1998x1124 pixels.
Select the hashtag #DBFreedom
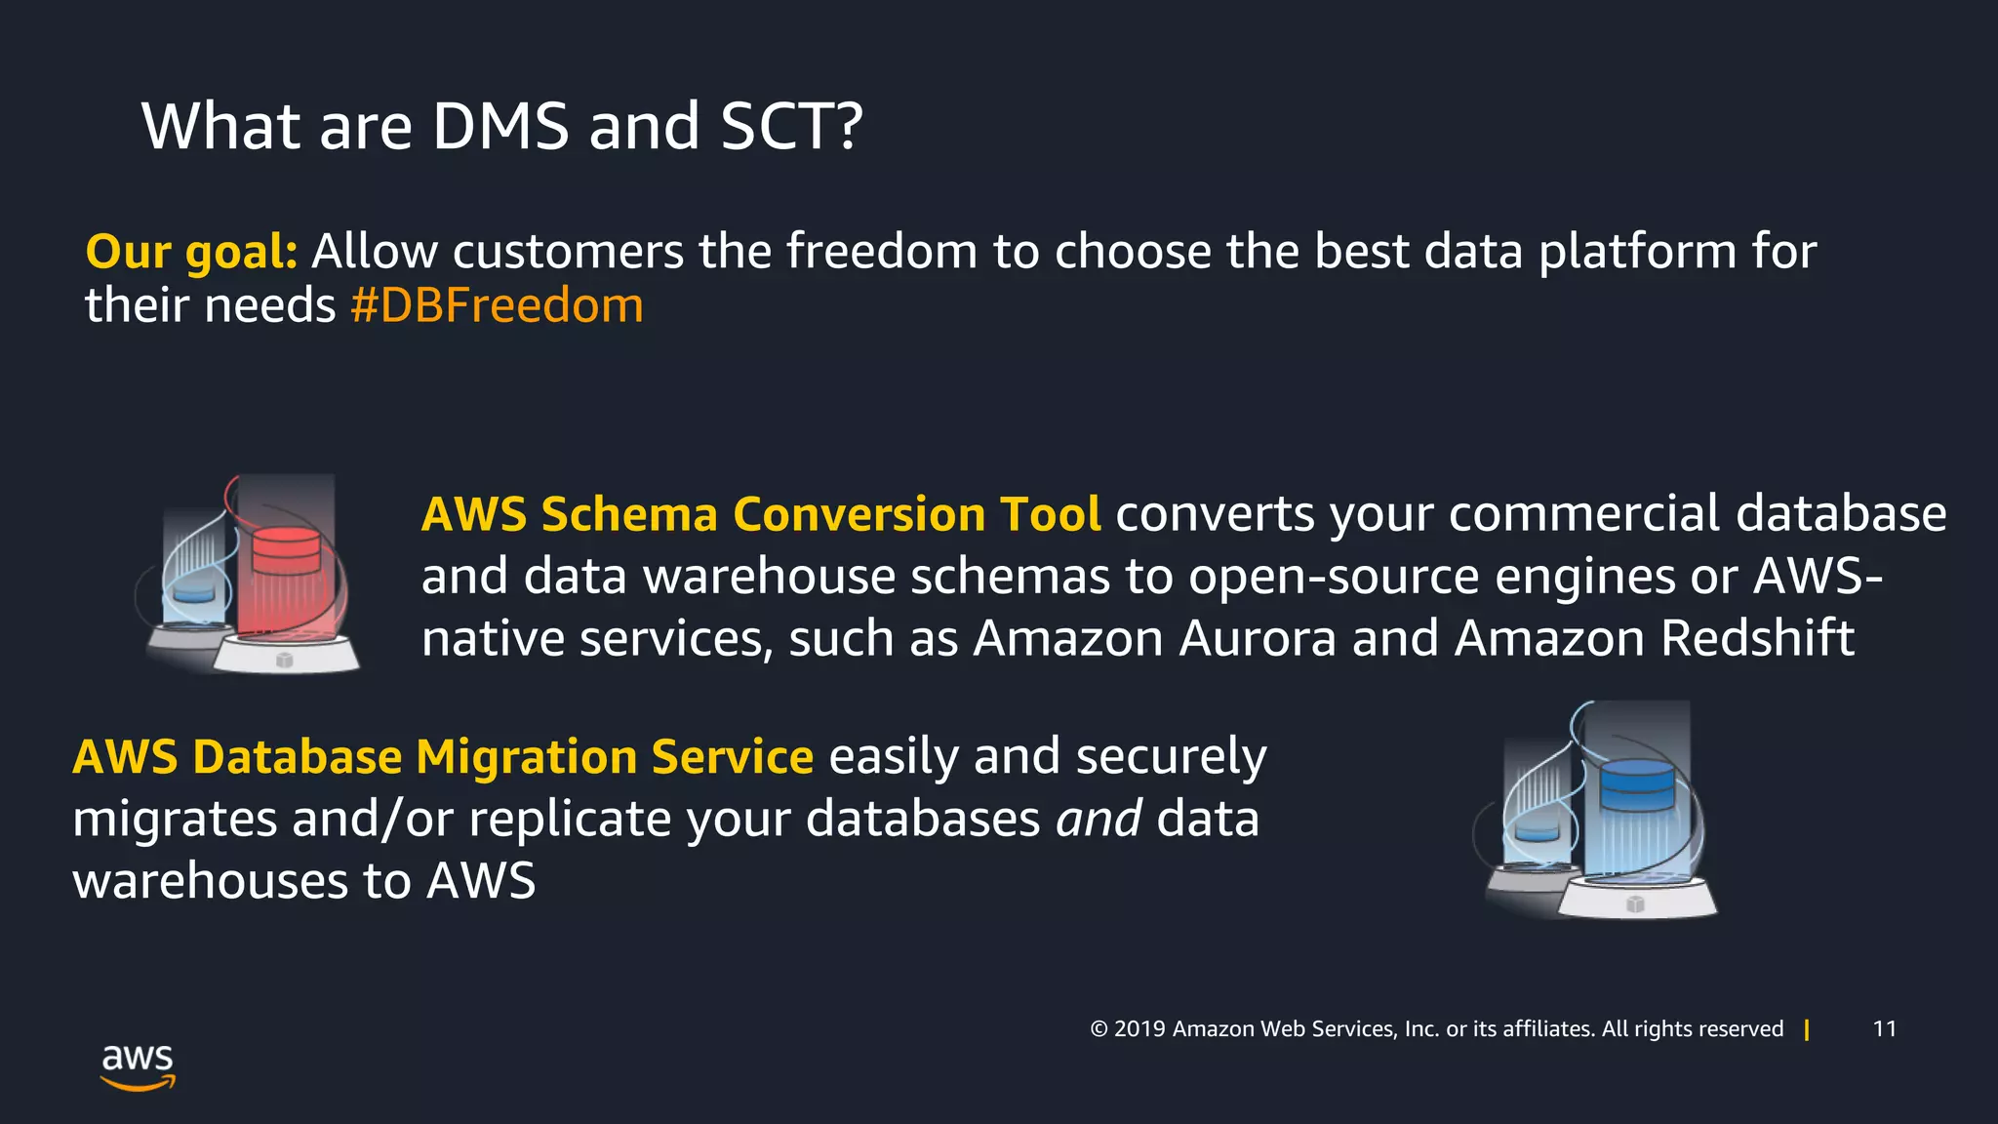(497, 305)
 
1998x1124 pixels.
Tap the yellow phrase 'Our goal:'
(191, 252)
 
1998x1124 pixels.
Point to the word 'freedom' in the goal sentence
(882, 252)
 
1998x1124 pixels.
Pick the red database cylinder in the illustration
(285, 552)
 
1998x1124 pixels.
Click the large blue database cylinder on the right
(1637, 784)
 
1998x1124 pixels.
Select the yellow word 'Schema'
(629, 514)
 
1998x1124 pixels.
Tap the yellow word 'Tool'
(1051, 514)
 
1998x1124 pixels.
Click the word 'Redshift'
(1757, 638)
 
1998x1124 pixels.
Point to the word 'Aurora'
(1258, 638)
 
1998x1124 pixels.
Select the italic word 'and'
(1099, 819)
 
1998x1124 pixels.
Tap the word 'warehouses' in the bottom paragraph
(211, 881)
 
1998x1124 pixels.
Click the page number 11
(1885, 1028)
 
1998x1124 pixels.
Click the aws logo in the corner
(138, 1066)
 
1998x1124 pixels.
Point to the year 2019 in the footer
(1139, 1028)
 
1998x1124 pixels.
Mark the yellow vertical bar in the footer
(1807, 1029)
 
